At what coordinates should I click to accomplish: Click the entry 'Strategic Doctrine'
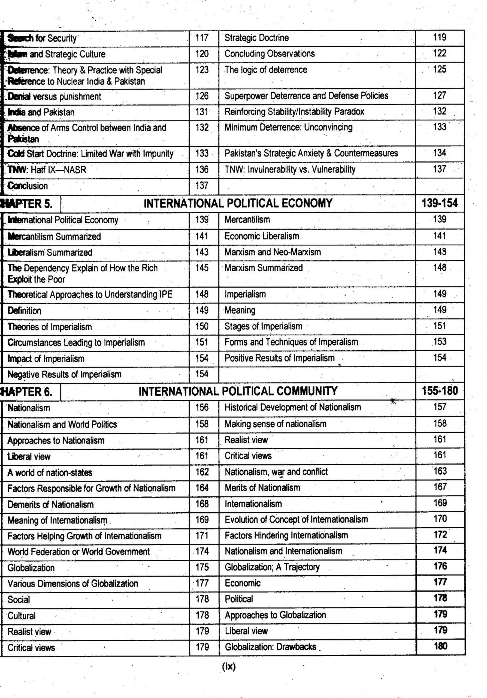point(256,38)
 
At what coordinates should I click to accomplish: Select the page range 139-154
point(439,203)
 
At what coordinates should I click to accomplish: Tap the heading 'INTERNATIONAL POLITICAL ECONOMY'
point(238,203)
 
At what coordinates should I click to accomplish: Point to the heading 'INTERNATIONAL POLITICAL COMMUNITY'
point(238,391)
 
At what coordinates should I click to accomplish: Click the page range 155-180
point(440,391)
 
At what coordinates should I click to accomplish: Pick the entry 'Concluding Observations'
point(270,54)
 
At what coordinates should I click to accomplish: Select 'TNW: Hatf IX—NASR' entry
point(47,170)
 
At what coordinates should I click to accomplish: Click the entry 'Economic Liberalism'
point(262,236)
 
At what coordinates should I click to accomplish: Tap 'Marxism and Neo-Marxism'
point(273,252)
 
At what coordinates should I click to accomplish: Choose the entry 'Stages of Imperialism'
point(263,326)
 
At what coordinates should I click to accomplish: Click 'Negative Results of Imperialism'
point(64,374)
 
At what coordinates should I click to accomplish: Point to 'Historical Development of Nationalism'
point(293,407)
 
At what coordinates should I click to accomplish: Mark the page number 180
point(440,646)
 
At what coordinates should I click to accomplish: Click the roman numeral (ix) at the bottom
point(229,666)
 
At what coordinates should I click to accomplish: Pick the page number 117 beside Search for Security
point(202,38)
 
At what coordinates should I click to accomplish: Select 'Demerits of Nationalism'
point(50,504)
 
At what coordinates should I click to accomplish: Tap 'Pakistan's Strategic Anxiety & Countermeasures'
point(311,153)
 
